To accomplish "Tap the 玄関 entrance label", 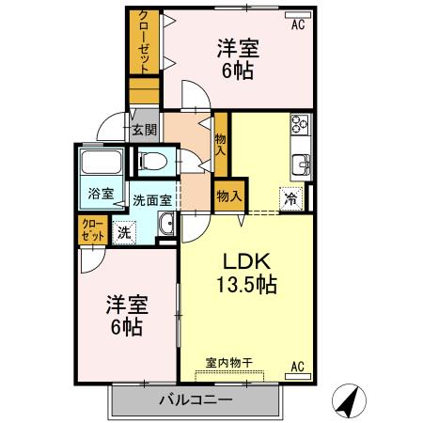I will [x=144, y=130].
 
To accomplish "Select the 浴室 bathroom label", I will [x=101, y=194].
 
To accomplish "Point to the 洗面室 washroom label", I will [x=150, y=199].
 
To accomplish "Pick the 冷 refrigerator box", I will [x=290, y=198].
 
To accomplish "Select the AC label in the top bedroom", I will [x=297, y=25].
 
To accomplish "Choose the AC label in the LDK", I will [x=296, y=366].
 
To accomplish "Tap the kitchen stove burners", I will [x=301, y=124].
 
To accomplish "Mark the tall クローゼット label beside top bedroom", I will [x=144, y=42].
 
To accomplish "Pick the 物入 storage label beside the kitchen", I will [x=229, y=196].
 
